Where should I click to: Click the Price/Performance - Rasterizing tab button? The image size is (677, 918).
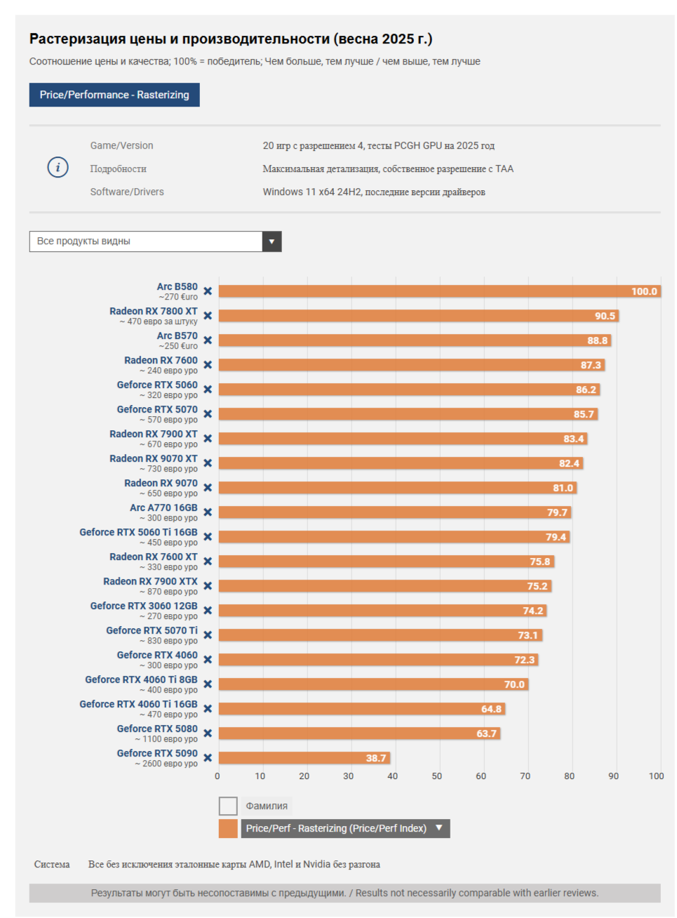point(114,95)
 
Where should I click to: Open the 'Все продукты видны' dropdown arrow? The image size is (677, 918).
point(272,241)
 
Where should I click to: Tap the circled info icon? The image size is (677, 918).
point(58,167)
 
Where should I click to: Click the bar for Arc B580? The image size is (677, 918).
point(421,291)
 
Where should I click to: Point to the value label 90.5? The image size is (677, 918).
point(605,316)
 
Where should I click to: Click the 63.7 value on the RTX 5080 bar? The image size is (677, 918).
point(486,733)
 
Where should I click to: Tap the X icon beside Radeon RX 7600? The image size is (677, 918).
point(208,365)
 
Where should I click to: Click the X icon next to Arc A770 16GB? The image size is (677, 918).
point(208,512)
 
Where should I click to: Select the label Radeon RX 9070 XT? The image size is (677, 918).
point(154,458)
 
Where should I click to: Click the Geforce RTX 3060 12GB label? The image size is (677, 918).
point(144,606)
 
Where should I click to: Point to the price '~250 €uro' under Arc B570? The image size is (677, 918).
point(178,346)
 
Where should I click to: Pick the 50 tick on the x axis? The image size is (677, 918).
point(436,776)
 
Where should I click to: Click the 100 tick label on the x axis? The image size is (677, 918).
point(656,776)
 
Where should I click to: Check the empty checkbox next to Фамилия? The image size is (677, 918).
point(228,806)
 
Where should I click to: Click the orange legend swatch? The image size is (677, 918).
point(228,829)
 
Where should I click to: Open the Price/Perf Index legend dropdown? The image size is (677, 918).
point(439,828)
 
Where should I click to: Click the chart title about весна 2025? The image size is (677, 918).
point(231,39)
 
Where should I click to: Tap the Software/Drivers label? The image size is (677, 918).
point(127,192)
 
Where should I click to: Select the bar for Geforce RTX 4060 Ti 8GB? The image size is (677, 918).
point(372,684)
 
